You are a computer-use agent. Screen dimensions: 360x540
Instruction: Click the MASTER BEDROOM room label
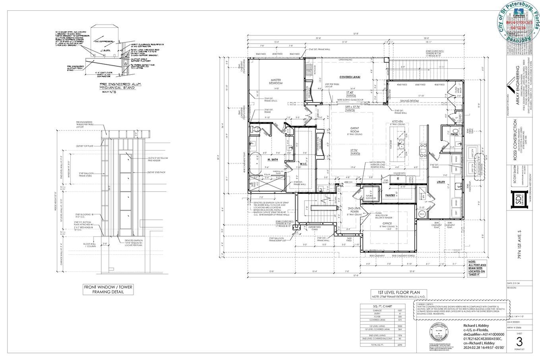pos(276,81)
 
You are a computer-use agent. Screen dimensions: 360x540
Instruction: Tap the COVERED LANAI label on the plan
pos(350,77)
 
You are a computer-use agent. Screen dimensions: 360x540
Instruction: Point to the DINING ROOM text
pos(409,101)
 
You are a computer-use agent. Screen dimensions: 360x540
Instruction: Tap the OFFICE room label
pos(376,224)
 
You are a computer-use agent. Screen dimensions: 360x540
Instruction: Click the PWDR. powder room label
pos(455,134)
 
